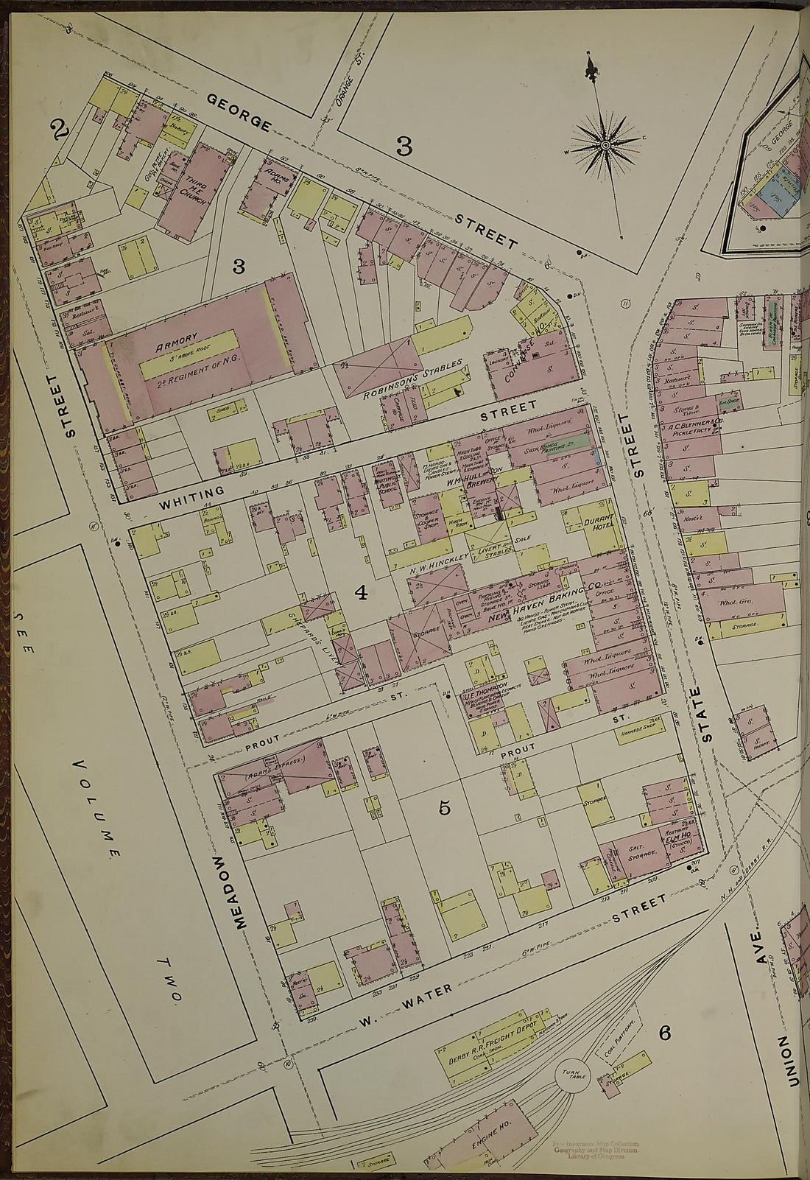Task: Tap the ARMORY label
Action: tap(176, 340)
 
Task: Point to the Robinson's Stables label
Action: tap(413, 379)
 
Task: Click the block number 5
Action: tap(444, 808)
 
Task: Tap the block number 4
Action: tap(361, 592)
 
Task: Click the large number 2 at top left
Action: tap(60, 131)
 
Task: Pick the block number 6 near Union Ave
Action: tap(664, 1033)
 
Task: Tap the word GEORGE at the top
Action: tap(237, 112)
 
